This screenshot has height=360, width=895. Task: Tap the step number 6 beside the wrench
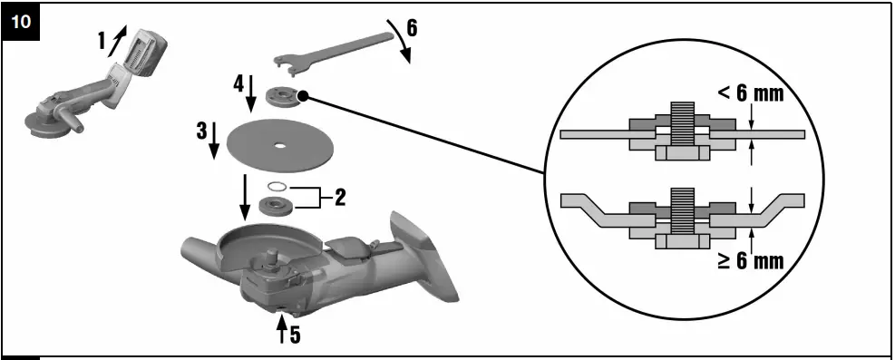412,26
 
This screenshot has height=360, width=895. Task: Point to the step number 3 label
202,130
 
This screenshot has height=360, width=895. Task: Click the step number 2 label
340,197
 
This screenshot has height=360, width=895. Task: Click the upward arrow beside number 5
282,333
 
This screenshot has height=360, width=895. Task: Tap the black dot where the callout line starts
304,95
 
